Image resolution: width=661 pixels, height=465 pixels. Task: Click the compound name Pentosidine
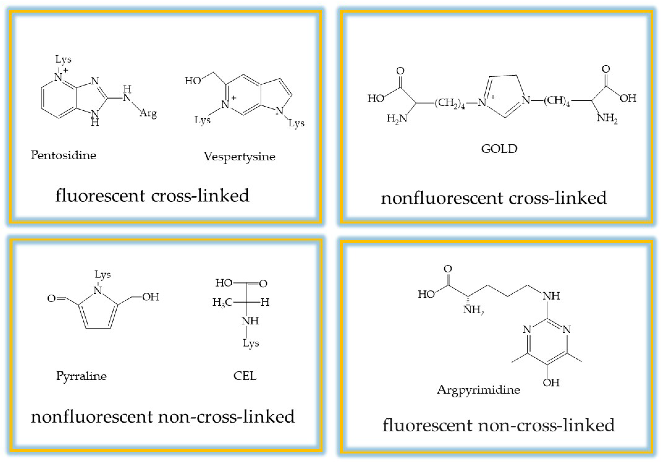(x=63, y=155)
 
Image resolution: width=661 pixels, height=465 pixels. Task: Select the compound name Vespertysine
(x=239, y=157)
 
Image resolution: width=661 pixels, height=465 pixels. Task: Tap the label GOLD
(x=499, y=149)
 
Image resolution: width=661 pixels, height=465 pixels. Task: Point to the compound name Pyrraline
(x=81, y=376)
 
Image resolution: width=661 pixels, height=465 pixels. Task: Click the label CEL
(x=245, y=376)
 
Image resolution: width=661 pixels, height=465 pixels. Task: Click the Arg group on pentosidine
(x=148, y=113)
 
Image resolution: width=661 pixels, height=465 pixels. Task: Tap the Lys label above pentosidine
(x=63, y=59)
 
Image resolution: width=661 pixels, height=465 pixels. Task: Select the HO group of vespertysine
(x=193, y=81)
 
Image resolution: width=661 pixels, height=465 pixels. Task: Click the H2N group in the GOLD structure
(x=397, y=118)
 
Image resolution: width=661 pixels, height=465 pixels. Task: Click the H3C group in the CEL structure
(x=222, y=302)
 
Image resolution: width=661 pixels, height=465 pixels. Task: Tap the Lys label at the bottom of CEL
(x=251, y=343)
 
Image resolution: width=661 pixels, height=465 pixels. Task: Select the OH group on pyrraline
(x=150, y=297)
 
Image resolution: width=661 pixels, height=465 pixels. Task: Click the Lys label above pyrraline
(x=103, y=274)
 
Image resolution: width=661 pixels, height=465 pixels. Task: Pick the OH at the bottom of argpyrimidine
(x=551, y=383)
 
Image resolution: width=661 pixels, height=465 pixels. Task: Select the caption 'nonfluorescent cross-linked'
(x=493, y=198)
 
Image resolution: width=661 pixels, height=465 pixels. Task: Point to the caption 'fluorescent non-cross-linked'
(x=498, y=425)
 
